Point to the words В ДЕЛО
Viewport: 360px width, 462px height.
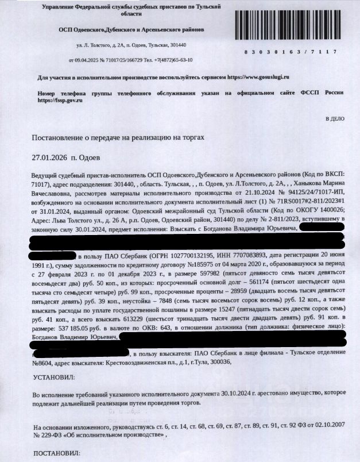pyautogui.click(x=335, y=118)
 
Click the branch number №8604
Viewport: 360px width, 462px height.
pyautogui.click(x=43, y=363)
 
